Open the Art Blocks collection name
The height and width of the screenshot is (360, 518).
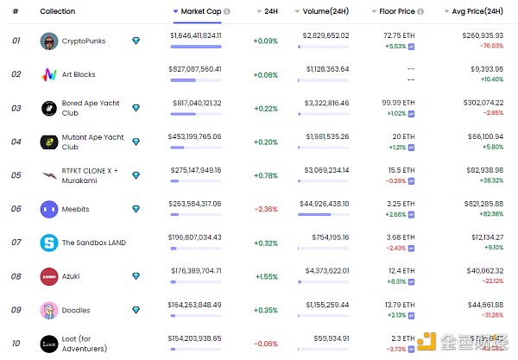(x=79, y=74)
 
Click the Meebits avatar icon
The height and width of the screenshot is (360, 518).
(x=49, y=208)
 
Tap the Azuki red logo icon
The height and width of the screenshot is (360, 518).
(x=49, y=275)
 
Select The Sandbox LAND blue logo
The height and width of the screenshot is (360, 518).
(x=49, y=243)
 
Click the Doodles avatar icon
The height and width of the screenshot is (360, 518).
(x=49, y=309)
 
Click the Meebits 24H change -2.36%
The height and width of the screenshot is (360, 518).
(x=266, y=208)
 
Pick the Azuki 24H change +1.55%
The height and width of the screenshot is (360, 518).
(x=266, y=275)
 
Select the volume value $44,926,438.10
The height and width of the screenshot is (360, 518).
(x=325, y=204)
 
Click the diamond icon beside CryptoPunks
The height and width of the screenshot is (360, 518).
(x=136, y=41)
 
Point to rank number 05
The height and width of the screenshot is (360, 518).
(x=16, y=175)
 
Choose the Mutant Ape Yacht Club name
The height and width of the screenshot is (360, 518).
(x=93, y=142)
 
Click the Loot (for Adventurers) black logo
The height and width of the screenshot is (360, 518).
(x=49, y=343)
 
